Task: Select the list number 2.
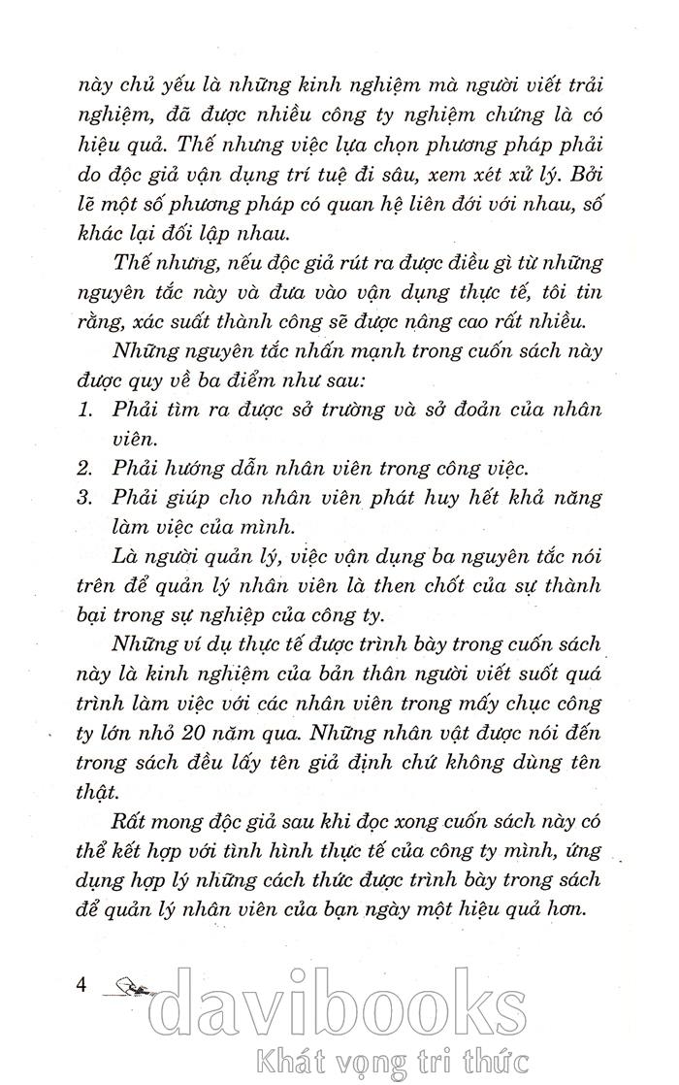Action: (84, 467)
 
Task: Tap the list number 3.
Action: (84, 497)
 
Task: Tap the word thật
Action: (96, 791)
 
